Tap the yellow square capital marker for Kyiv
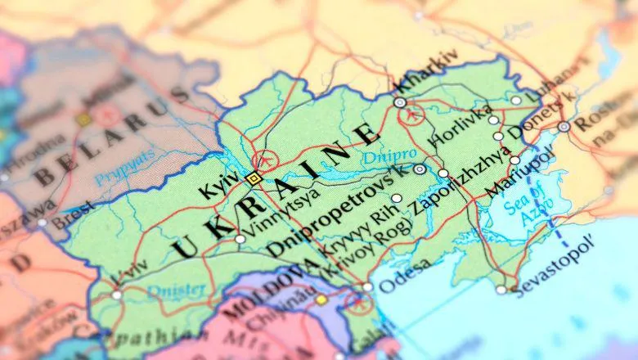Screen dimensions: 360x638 click(254, 178)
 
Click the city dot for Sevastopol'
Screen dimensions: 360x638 click(501, 289)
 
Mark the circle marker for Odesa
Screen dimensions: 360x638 click(367, 287)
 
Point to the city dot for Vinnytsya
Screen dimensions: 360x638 click(240, 239)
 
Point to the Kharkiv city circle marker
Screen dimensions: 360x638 click(399, 102)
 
